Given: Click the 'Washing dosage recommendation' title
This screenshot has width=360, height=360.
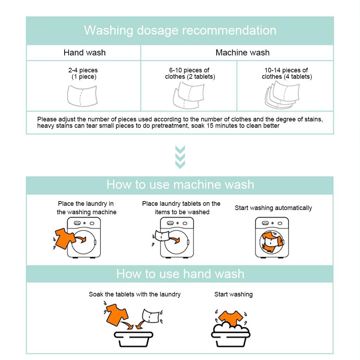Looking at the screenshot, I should (x=180, y=30).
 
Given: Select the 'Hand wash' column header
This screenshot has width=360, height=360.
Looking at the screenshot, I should (x=84, y=53).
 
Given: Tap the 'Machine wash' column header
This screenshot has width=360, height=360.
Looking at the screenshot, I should (x=242, y=53).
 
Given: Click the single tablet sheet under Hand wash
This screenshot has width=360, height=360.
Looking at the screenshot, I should (x=82, y=95).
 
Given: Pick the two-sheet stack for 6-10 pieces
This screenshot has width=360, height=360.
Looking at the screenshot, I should (x=188, y=95).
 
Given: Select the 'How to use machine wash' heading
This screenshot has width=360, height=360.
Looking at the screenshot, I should (x=180, y=185).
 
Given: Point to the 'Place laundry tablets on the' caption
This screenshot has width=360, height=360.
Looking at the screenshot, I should (x=181, y=204).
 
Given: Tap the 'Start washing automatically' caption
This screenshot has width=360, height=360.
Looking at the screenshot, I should (x=273, y=208).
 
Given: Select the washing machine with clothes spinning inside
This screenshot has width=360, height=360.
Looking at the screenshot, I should (x=272, y=238).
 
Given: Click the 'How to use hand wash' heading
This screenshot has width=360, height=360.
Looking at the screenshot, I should (x=180, y=274).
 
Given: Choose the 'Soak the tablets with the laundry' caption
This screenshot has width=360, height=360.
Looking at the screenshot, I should (x=134, y=294).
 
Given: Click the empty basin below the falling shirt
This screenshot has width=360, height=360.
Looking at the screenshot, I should (x=133, y=339).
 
